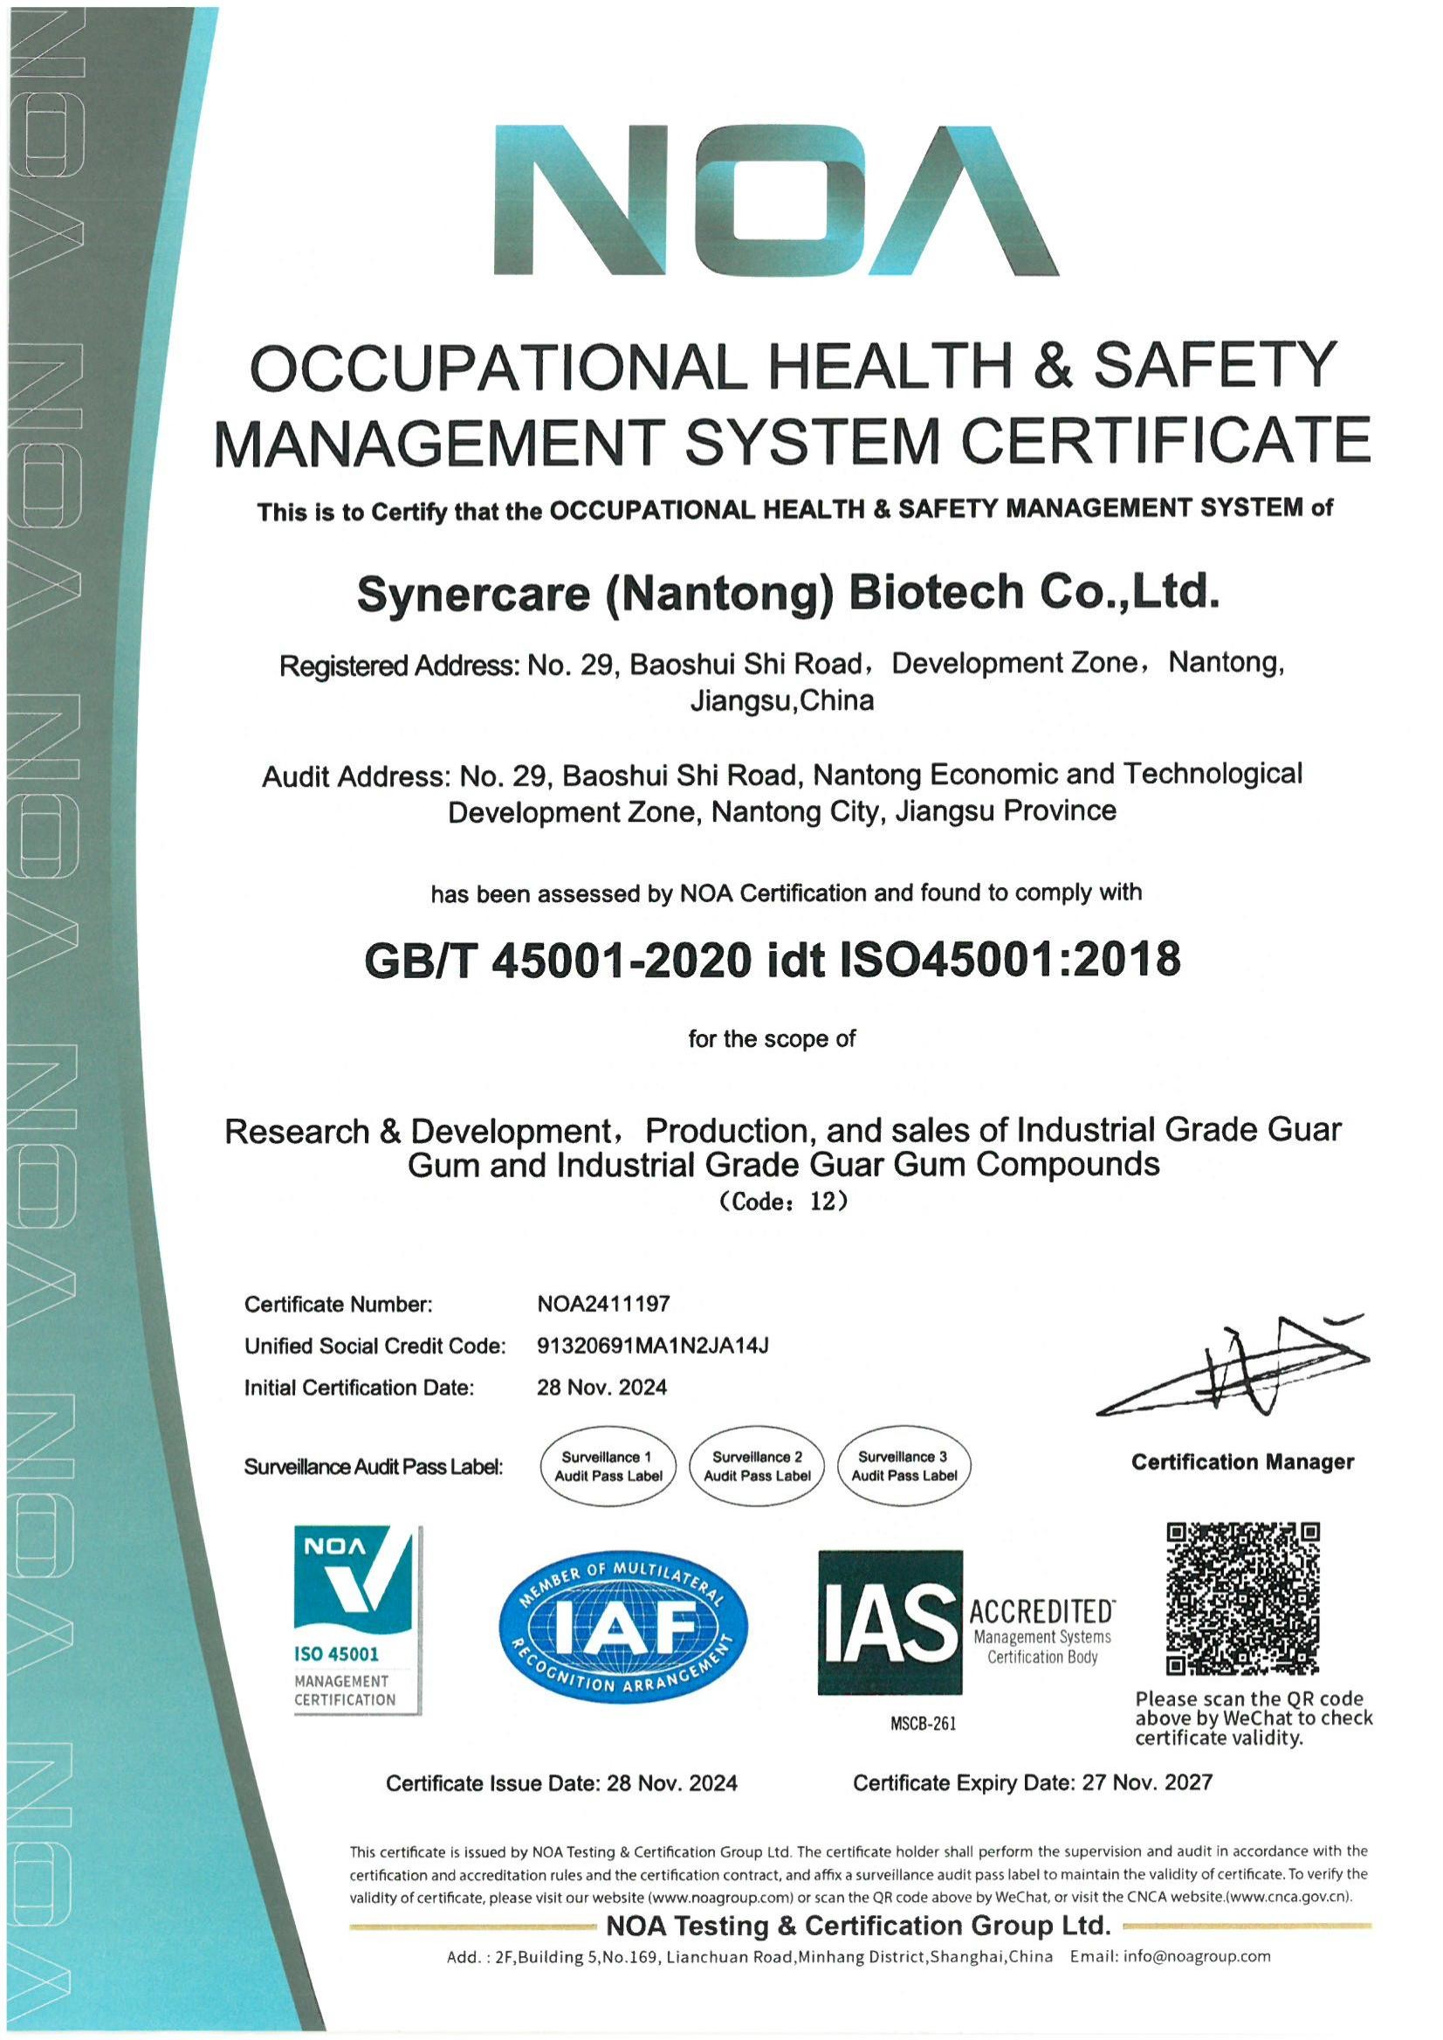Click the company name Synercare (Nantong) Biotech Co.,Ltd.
click(x=787, y=592)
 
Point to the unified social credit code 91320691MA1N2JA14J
click(x=652, y=1346)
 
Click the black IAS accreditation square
click(x=890, y=1623)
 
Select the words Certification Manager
click(x=1242, y=1462)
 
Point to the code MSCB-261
click(x=923, y=1725)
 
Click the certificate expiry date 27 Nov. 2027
click(x=1147, y=1782)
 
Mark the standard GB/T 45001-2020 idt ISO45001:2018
click(x=773, y=959)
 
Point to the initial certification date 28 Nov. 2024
click(x=601, y=1388)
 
